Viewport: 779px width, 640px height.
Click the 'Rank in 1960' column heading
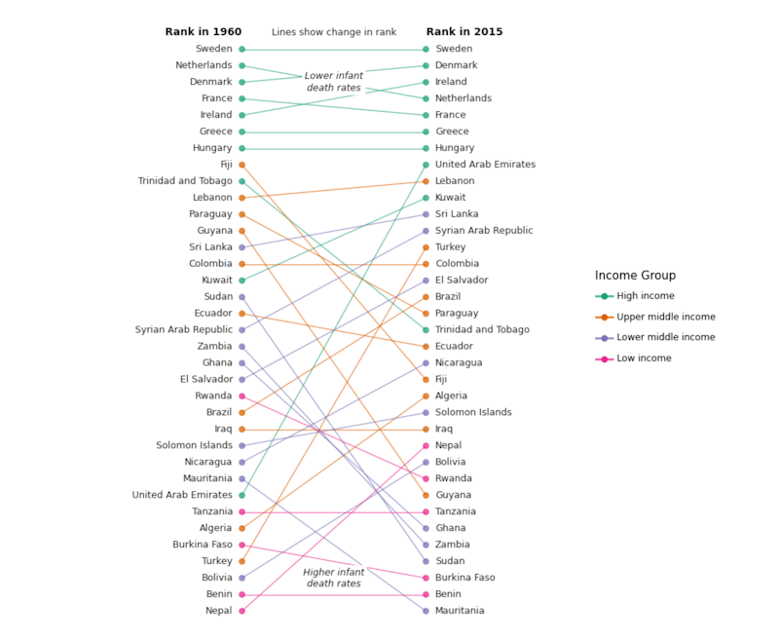point(203,32)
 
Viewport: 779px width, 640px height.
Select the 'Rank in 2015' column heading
point(464,32)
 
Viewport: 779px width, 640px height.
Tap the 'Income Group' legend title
point(635,276)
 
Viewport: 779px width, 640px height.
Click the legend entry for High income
point(645,296)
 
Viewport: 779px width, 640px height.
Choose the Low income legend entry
point(643,358)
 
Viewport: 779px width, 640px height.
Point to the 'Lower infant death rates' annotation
point(334,82)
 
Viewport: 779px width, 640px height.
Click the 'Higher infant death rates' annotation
point(334,578)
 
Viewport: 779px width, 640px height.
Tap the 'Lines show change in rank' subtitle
point(334,32)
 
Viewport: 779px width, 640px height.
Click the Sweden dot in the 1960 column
point(241,49)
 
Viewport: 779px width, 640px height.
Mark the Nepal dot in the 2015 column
point(426,445)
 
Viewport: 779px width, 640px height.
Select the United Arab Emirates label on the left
point(182,495)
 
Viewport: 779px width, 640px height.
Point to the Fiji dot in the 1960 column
point(241,165)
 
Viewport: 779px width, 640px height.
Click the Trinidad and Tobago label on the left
point(185,181)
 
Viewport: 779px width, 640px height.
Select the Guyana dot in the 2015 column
point(426,495)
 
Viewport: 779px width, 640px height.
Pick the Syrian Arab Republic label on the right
point(484,231)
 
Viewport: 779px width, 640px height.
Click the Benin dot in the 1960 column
point(241,594)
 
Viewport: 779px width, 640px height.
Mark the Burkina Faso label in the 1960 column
point(203,545)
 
